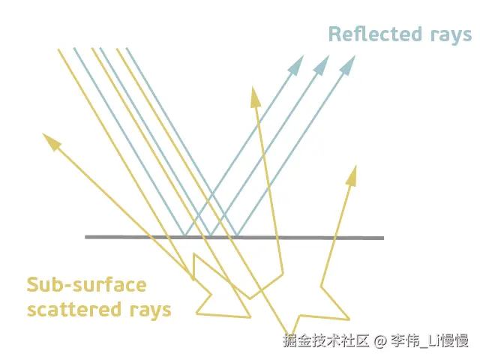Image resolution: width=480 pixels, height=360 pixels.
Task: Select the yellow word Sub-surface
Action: coord(86,285)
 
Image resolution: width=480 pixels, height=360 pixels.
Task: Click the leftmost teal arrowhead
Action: coord(297,64)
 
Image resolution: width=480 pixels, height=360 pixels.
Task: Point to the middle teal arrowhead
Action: coord(322,64)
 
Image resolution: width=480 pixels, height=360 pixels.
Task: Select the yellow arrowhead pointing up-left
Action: coord(51,140)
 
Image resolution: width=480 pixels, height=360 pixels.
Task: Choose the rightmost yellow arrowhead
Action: coord(351,175)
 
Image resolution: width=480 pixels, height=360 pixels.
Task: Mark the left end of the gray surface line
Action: coord(86,237)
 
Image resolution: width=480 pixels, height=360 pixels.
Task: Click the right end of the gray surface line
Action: coord(382,238)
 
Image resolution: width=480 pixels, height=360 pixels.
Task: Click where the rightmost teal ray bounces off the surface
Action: coord(238,237)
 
